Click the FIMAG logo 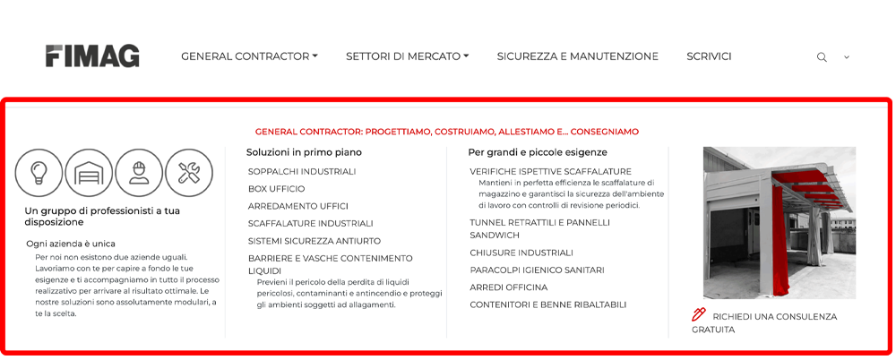click(92, 56)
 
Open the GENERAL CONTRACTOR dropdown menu click(249, 56)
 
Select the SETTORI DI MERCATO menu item click(407, 56)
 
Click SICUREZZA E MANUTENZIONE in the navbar click(577, 56)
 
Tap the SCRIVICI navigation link click(709, 56)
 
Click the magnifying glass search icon click(822, 57)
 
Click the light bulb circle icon click(39, 173)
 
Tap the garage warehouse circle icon click(90, 173)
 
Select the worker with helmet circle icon click(139, 173)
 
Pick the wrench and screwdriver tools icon click(189, 173)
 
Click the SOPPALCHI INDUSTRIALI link click(302, 171)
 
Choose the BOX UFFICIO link click(276, 189)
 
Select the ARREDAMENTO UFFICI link click(297, 206)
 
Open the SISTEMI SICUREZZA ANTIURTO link click(314, 241)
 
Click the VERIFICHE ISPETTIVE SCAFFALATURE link click(550, 171)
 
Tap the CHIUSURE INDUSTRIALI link click(521, 253)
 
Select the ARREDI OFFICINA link click(508, 287)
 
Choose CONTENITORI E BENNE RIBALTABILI click(547, 304)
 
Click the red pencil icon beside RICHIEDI click(699, 314)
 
